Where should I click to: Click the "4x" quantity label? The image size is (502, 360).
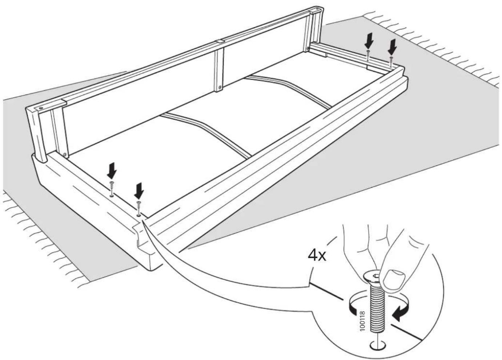pos(317,255)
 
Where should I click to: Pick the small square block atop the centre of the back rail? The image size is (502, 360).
pos(220,42)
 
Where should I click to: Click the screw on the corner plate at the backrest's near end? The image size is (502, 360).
pos(41,108)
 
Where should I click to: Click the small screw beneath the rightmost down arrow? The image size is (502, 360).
pos(391,62)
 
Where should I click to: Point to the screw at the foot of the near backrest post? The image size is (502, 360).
pos(65,154)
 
